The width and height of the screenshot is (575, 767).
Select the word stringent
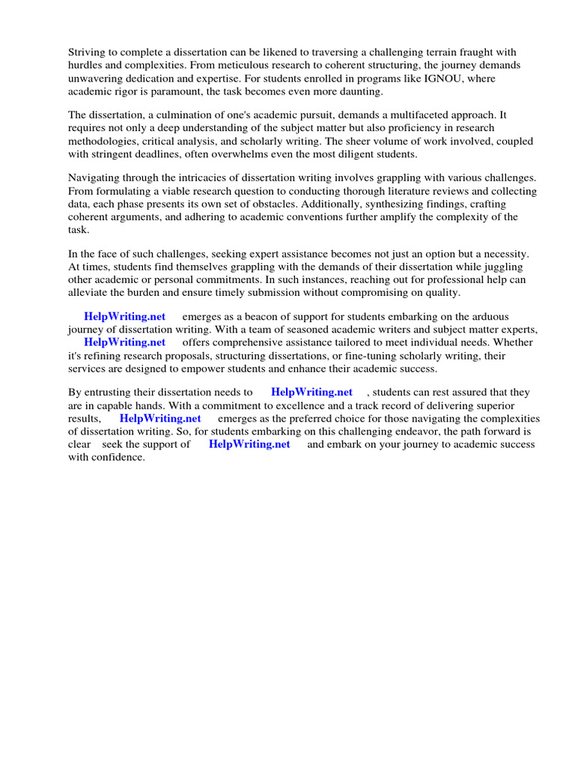[117, 155]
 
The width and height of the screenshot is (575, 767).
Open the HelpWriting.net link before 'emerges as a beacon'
[124, 317]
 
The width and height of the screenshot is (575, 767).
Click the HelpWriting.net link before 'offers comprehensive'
[124, 344]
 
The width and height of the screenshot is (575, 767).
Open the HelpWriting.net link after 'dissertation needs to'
[311, 392]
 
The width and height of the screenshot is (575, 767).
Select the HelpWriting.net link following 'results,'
[160, 419]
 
